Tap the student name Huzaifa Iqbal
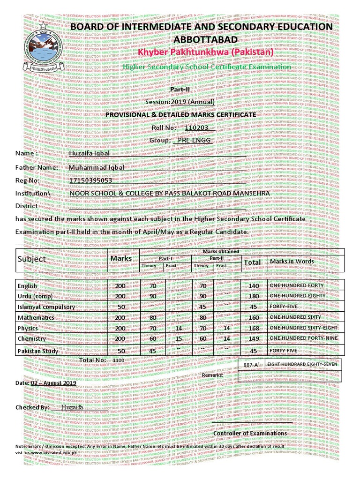(89, 153)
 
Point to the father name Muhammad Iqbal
(97, 167)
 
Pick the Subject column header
(32, 259)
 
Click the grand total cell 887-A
(251, 364)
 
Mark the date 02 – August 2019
(53, 383)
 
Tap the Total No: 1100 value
(119, 360)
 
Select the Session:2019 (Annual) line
(180, 102)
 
